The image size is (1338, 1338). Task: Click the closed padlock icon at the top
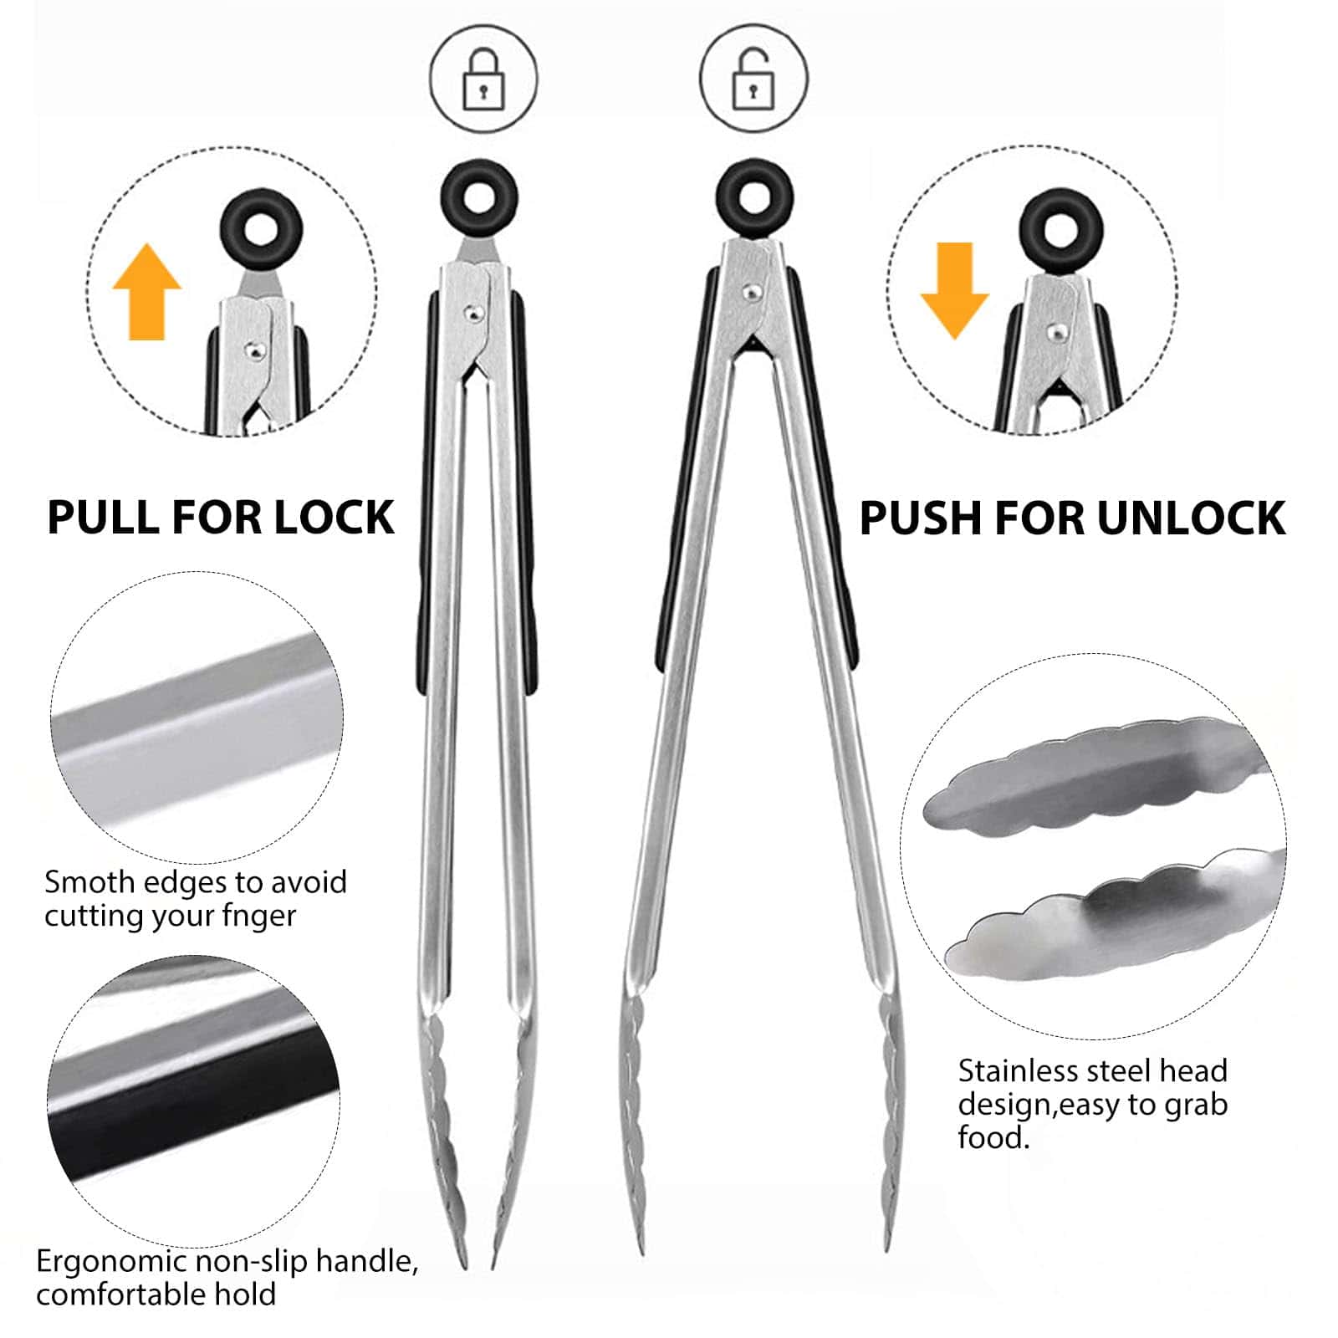483,79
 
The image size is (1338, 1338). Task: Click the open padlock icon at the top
753,79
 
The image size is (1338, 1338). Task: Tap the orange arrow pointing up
147,292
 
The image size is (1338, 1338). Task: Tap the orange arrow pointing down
954,290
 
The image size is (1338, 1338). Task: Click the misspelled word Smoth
89,882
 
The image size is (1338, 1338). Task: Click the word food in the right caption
992,1138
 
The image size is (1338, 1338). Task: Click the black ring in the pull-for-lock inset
258,228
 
